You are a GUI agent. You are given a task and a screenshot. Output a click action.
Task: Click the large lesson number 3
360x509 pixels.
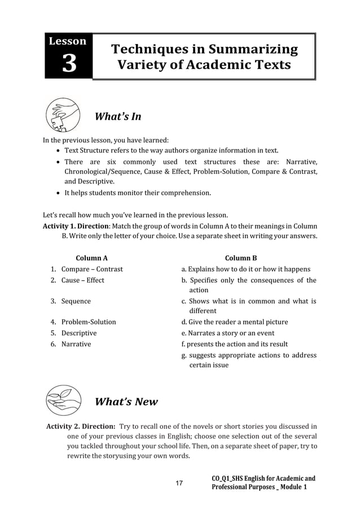(x=69, y=63)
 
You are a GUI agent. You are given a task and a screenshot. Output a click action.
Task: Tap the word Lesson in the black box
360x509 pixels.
(x=68, y=41)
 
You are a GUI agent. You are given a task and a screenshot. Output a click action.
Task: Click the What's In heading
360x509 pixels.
(x=117, y=117)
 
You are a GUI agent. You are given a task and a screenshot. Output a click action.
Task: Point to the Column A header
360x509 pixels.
(x=91, y=258)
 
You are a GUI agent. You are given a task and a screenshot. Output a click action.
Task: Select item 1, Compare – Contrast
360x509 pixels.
(x=91, y=269)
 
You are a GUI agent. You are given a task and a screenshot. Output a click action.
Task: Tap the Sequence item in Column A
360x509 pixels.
(x=76, y=301)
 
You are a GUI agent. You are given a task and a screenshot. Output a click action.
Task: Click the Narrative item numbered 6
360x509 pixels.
(x=76, y=344)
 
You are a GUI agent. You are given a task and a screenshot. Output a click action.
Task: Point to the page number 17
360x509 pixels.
(x=179, y=484)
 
